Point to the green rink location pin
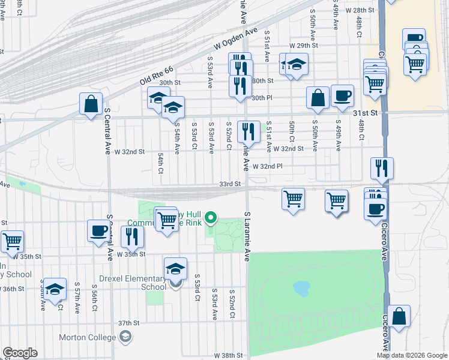tap(210, 217)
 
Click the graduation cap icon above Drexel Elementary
tap(175, 268)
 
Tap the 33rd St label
tap(230, 184)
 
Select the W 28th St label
tap(361, 11)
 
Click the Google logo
tap(20, 353)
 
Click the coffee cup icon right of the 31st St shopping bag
tap(342, 95)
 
